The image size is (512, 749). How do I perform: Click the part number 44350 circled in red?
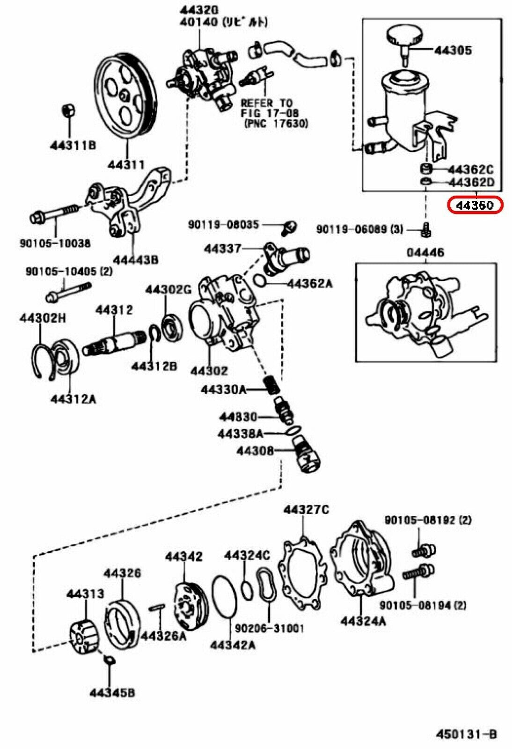coord(475,206)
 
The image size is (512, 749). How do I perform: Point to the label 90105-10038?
coord(55,243)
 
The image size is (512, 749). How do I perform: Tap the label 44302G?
coord(168,289)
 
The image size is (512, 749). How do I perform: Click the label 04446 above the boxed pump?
coord(424,253)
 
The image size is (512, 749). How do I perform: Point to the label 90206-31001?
coord(269,628)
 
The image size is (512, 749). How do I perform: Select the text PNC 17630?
coord(276,124)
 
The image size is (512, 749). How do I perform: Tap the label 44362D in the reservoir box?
coord(471,182)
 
